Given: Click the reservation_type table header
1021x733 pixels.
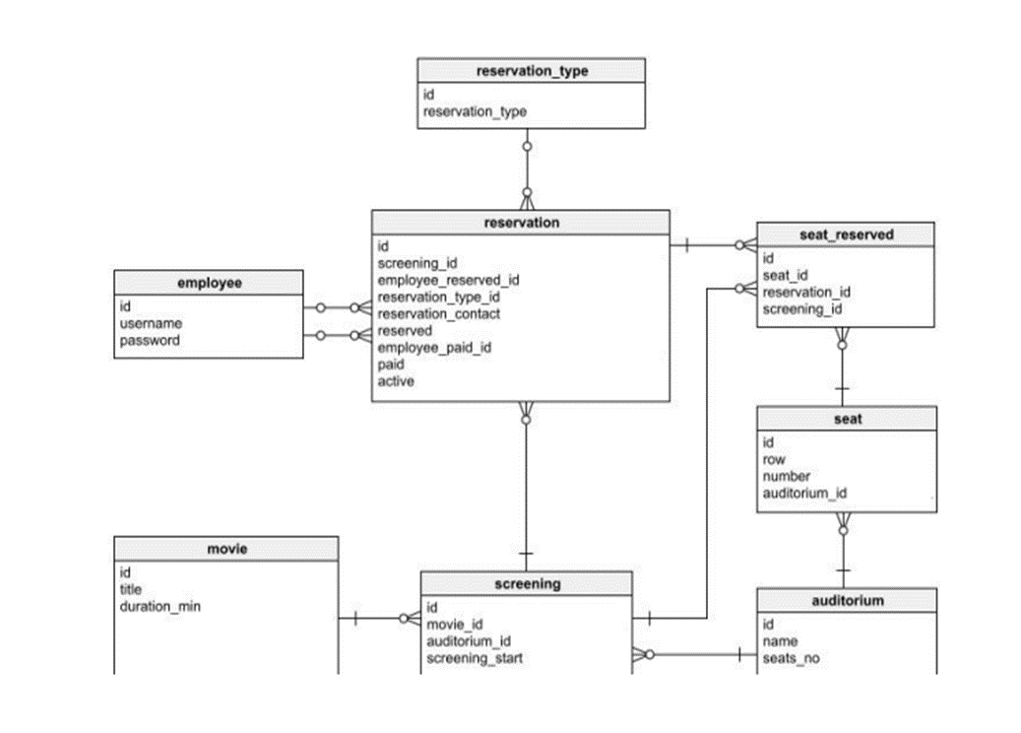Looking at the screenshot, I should click(x=532, y=71).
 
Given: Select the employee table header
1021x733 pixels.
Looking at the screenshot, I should click(x=209, y=283).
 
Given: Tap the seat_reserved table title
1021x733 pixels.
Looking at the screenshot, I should click(x=846, y=234).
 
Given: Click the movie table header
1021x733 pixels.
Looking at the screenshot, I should click(x=226, y=549).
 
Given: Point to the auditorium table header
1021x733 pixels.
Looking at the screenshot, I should click(x=847, y=600).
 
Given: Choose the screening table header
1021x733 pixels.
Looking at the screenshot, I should click(x=527, y=583).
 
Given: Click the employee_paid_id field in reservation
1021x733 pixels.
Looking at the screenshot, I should click(x=434, y=348).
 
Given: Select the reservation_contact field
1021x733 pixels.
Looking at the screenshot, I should click(x=438, y=314).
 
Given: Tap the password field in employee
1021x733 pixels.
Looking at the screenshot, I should click(x=150, y=341).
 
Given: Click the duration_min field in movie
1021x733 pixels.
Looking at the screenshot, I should click(x=160, y=607).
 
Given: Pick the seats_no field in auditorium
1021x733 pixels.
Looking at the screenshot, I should click(x=791, y=659).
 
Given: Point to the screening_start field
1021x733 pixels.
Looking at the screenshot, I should click(x=475, y=658).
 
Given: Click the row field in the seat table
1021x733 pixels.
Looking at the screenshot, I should click(x=773, y=460).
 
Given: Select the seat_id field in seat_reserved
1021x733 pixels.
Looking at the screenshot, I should click(x=785, y=276).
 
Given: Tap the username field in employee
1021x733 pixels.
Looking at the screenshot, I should click(x=151, y=324).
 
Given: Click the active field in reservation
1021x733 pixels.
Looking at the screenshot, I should click(x=396, y=381).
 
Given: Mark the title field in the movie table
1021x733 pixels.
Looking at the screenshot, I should click(x=131, y=590).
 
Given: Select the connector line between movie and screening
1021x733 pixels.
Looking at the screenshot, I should click(x=379, y=619).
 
